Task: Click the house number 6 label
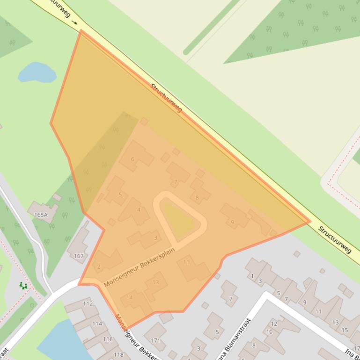pyautogui.click(x=132, y=159)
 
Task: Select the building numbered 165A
pyautogui.click(x=41, y=215)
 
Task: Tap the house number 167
pyautogui.click(x=79, y=256)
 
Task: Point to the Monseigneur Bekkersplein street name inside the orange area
pyautogui.click(x=139, y=267)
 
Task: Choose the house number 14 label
pyautogui.click(x=130, y=297)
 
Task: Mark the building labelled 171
pyautogui.click(x=155, y=340)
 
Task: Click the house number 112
pyautogui.click(x=88, y=303)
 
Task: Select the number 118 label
pyautogui.click(x=118, y=354)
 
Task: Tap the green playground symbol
pyautogui.click(x=23, y=286)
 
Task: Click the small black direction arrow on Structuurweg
pyautogui.click(x=75, y=22)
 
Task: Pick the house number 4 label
pyautogui.click(x=139, y=210)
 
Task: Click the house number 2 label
pyautogui.click(x=98, y=267)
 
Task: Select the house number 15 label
pyautogui.click(x=345, y=330)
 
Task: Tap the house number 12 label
pyautogui.click(x=274, y=324)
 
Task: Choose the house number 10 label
pyautogui.click(x=269, y=332)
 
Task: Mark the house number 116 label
pyautogui.click(x=108, y=339)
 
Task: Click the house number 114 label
pyautogui.click(x=97, y=324)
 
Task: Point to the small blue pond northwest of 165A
pyautogui.click(x=37, y=72)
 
